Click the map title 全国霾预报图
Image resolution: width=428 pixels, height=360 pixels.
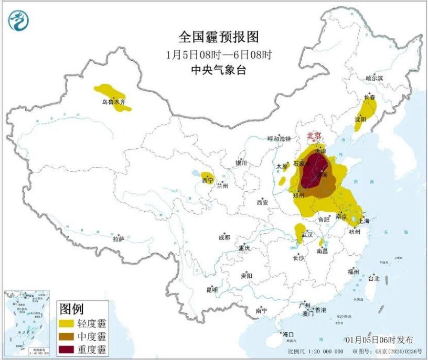219,37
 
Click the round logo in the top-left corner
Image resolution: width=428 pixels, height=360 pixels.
18,20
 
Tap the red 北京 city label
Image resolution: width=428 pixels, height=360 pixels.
314,136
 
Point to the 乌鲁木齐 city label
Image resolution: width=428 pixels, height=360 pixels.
114,102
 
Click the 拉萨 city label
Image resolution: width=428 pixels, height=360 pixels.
118,238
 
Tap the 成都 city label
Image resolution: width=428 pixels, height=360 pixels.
224,237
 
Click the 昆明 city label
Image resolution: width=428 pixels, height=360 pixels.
212,289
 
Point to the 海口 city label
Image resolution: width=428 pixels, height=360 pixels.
288,334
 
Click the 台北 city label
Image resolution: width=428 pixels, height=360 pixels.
373,278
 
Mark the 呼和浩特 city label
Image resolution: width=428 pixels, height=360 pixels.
279,139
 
